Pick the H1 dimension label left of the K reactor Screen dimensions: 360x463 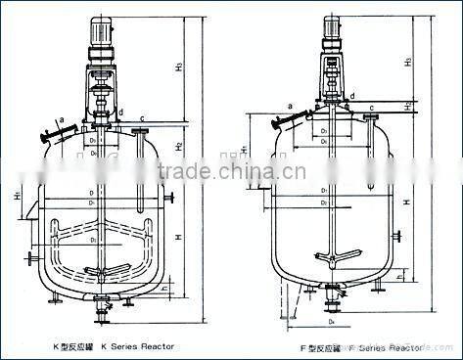(19, 197)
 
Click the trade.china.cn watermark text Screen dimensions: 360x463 (231, 173)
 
